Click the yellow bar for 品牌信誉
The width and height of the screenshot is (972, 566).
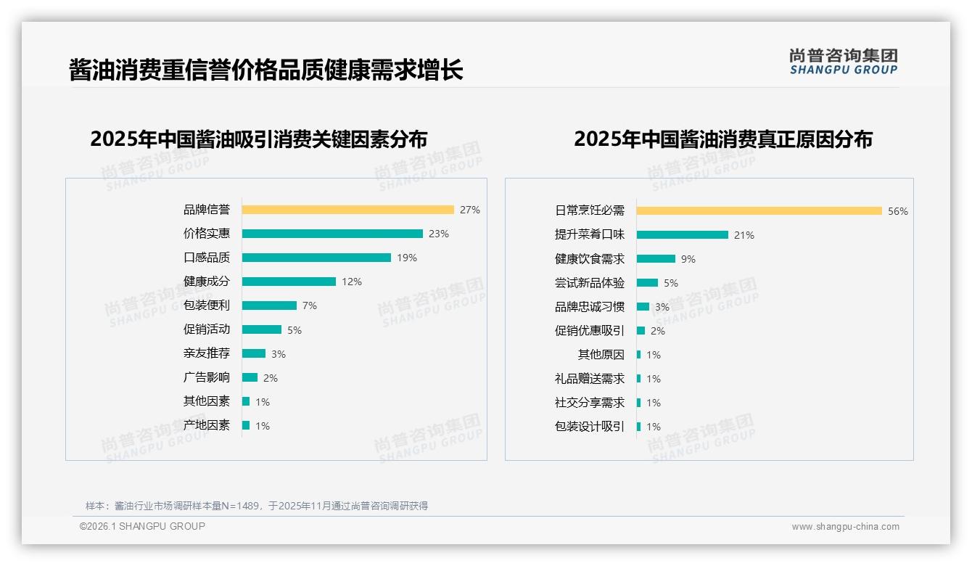coord(347,210)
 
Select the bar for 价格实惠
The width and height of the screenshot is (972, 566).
coord(332,234)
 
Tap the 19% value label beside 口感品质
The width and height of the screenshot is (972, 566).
coord(407,258)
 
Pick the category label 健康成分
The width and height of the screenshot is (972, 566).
coord(206,282)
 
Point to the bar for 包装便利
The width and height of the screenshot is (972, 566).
coord(269,305)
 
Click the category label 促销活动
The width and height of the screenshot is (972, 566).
coord(206,329)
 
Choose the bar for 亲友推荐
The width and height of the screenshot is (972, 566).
coord(254,353)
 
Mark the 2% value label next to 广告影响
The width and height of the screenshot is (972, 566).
coord(271,378)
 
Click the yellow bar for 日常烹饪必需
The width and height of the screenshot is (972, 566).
coord(759,211)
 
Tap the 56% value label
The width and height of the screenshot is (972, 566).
coord(898,212)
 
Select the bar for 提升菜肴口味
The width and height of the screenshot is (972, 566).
coord(682,235)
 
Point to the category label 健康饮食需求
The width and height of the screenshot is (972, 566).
coord(589,259)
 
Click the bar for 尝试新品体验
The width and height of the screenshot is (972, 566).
coord(647,283)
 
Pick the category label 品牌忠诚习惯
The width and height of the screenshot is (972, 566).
coord(589,307)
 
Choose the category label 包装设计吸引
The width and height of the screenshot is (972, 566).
coord(589,427)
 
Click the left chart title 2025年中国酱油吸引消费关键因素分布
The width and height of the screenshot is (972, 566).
coord(258,139)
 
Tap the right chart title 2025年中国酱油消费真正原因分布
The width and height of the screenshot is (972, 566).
coord(722,139)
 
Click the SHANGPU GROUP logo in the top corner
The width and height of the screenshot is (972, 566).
coord(843,62)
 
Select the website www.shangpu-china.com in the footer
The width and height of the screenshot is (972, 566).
coord(845,527)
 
